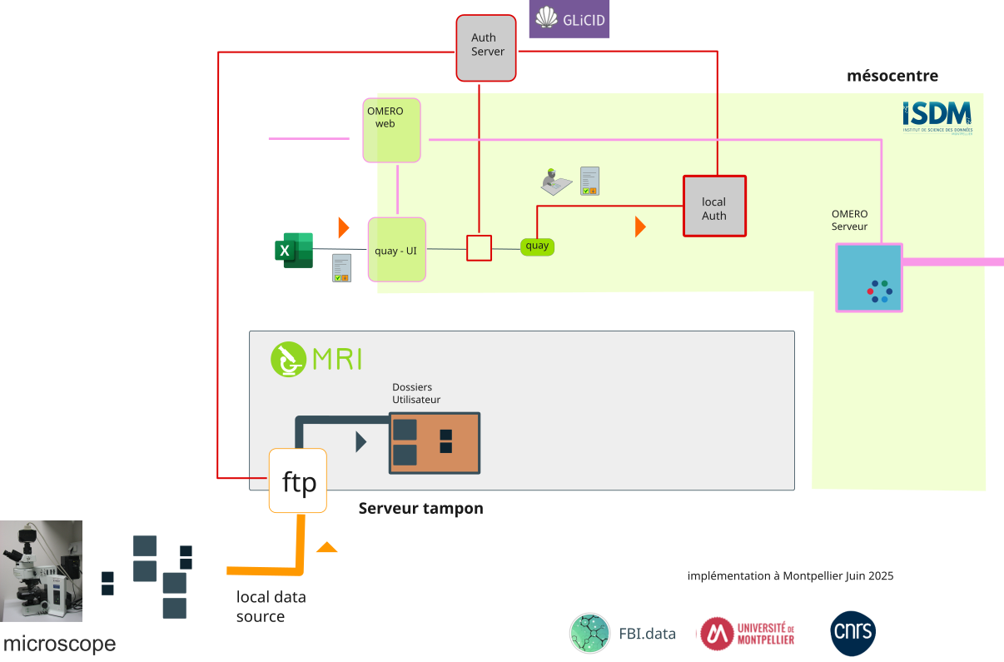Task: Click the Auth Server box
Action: click(487, 48)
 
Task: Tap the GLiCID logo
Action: click(569, 19)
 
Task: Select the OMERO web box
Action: click(391, 130)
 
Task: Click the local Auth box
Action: click(714, 207)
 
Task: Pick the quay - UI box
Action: click(397, 250)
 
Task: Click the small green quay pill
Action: click(537, 246)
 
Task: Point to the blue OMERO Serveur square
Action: click(869, 278)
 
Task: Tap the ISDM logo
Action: click(937, 117)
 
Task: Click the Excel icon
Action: click(293, 250)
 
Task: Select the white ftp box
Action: click(298, 481)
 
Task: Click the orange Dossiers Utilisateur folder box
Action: click(435, 443)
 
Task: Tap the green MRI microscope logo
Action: click(288, 359)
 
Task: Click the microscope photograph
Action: click(42, 571)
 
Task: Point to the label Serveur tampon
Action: click(420, 508)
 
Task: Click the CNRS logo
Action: click(852, 634)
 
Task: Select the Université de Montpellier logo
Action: click(747, 634)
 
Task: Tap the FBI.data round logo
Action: click(589, 634)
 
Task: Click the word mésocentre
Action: click(892, 77)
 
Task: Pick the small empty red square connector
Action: click(479, 248)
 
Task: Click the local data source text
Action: click(271, 607)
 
